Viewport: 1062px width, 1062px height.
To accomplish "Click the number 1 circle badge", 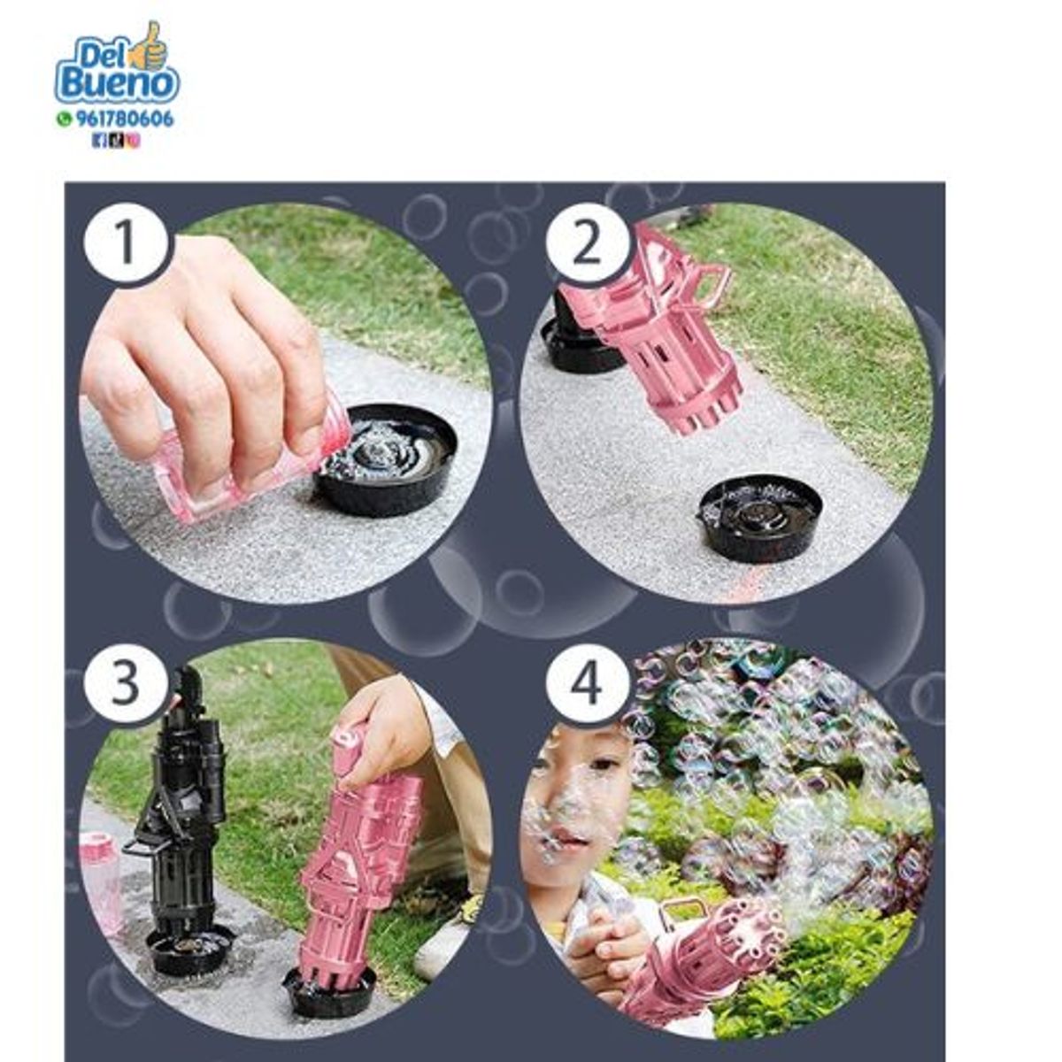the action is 126,243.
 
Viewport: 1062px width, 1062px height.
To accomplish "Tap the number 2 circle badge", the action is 588,243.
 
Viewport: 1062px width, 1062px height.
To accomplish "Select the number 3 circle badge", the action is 126,682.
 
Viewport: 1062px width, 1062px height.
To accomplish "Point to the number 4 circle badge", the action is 588,682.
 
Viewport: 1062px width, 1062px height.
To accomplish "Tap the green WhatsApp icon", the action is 65,119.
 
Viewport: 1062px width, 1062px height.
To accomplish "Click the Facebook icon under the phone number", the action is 99,141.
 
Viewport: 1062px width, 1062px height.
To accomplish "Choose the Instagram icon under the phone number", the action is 134,141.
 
